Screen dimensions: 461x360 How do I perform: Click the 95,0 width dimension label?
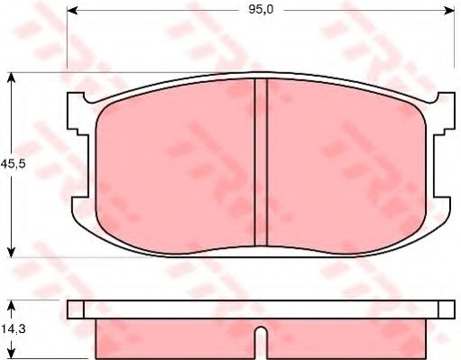click(261, 10)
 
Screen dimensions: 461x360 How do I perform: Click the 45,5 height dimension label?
click(14, 164)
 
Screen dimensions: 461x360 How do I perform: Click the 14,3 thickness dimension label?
click(14, 329)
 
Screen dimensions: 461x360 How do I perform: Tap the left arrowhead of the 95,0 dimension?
click(72, 11)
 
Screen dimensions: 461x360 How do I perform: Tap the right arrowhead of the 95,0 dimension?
click(448, 11)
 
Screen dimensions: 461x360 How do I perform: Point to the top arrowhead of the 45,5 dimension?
click(11, 78)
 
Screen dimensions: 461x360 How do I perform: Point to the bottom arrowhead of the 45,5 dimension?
click(11, 252)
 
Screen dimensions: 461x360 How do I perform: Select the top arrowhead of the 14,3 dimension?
click(11, 306)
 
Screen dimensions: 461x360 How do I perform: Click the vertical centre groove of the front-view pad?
click(261, 162)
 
